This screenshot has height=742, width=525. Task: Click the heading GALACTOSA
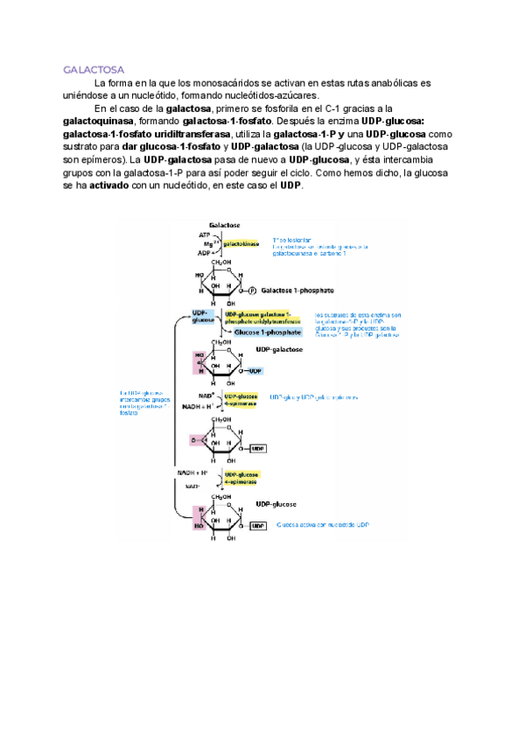[x=94, y=68]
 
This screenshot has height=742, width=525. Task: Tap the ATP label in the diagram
[x=204, y=235]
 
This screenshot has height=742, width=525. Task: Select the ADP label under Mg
[x=204, y=252]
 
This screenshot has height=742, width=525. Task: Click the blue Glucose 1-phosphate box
[x=267, y=332]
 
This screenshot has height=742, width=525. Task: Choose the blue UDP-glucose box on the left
[x=201, y=316]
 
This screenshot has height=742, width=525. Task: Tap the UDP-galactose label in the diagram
[x=280, y=349]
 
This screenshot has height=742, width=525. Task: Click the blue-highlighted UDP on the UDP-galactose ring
[x=255, y=371]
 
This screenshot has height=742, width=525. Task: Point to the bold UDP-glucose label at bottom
[x=276, y=505]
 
